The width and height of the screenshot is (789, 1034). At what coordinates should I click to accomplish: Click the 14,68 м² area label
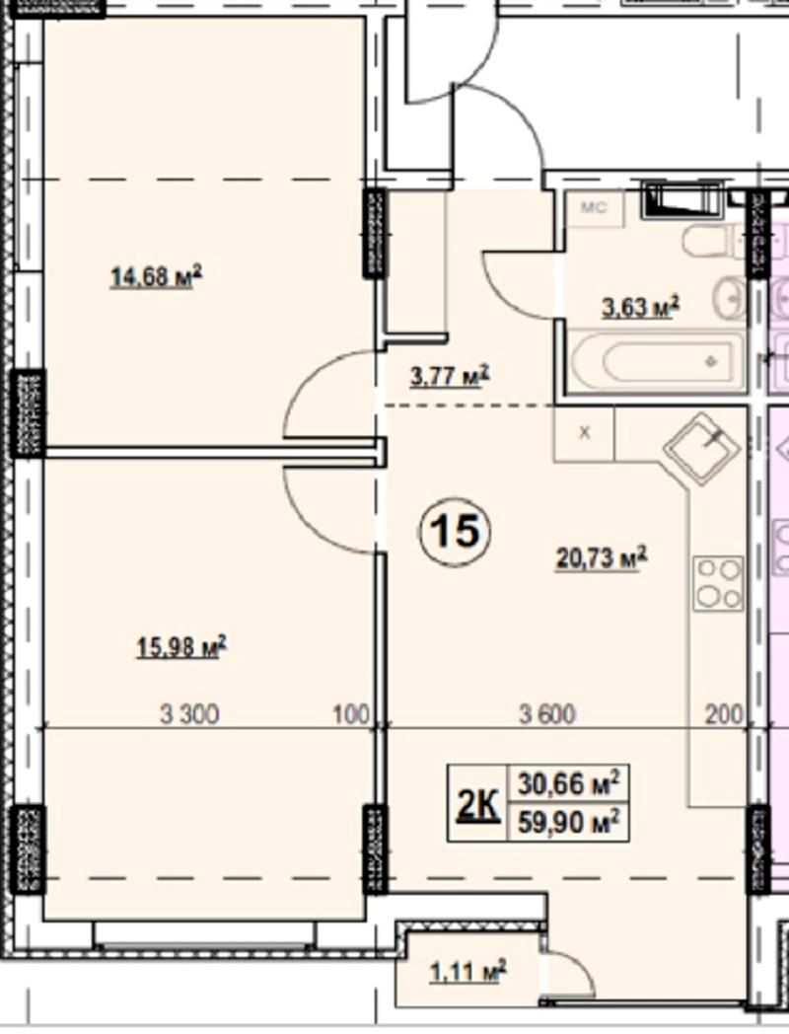click(156, 276)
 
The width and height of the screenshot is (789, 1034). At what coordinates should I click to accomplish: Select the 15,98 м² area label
click(181, 646)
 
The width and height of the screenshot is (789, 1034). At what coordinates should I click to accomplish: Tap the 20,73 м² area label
click(602, 557)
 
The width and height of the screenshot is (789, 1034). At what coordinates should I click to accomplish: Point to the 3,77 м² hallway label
click(450, 376)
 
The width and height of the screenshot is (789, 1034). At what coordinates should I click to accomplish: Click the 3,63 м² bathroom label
click(640, 307)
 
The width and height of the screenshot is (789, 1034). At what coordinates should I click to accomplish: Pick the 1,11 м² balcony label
click(468, 972)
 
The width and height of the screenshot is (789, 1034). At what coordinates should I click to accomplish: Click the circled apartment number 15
click(456, 531)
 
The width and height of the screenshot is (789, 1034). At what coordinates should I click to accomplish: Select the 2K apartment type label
click(477, 804)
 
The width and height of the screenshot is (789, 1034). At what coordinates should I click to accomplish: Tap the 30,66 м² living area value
click(568, 783)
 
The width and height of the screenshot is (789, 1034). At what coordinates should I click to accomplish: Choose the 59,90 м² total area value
click(568, 822)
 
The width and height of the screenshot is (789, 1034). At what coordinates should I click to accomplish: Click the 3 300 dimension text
click(189, 714)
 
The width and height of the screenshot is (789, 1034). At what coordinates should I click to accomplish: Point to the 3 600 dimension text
click(547, 714)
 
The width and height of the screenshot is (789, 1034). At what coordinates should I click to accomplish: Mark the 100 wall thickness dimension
click(352, 714)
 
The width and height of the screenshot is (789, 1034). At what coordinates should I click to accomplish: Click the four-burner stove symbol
click(718, 583)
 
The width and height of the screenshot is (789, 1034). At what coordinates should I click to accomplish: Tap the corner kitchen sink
click(701, 448)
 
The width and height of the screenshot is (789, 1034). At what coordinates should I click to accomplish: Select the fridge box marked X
click(584, 433)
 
